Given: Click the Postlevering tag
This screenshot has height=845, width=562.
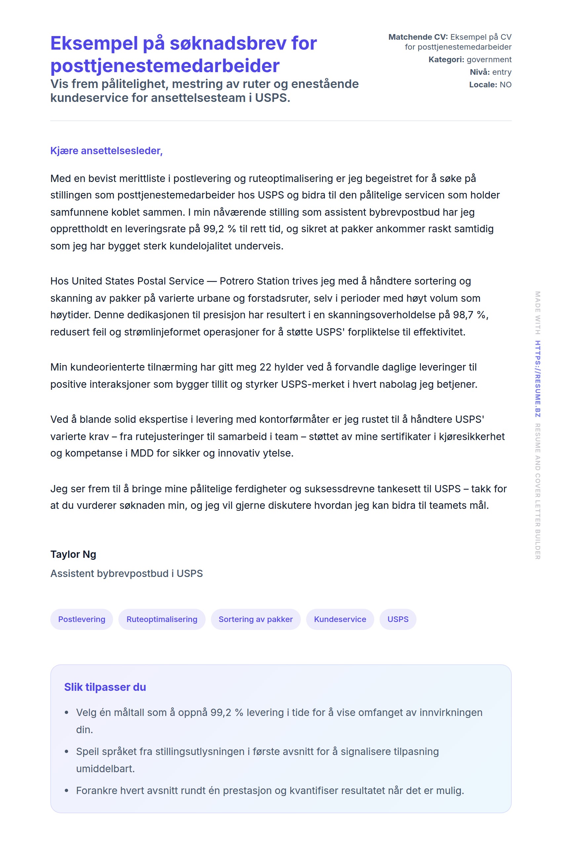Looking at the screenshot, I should pos(81,619).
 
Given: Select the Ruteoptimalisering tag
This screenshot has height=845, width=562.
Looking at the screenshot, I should pos(162,619).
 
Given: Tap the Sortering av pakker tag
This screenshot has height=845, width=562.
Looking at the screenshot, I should pos(256,619).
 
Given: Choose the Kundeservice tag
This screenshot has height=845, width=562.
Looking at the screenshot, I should pos(340,619).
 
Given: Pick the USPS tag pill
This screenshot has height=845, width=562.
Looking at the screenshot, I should pos(398,619).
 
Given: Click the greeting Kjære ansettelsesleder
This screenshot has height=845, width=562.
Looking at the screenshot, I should pos(106,151).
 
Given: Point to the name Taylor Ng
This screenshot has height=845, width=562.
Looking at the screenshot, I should pos(73,554).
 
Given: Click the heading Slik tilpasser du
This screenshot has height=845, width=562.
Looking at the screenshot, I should pos(105,687).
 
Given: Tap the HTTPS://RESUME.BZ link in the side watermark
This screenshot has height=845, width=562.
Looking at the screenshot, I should pos(537,378).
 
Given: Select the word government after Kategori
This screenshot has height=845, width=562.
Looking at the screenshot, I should pos(489,60).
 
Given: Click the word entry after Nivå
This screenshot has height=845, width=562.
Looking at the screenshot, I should pos(502,72).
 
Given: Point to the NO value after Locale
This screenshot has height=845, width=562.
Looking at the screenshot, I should pos(505,85).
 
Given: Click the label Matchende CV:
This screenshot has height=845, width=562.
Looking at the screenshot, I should pos(418,37).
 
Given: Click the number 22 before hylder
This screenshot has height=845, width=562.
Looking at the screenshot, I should pos(265,367).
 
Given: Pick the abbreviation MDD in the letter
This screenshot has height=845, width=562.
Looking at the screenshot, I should pos(142,453).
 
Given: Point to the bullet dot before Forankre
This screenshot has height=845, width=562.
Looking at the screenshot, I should pos(66,790).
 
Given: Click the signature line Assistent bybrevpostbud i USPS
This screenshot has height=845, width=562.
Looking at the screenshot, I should pos(127,573).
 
